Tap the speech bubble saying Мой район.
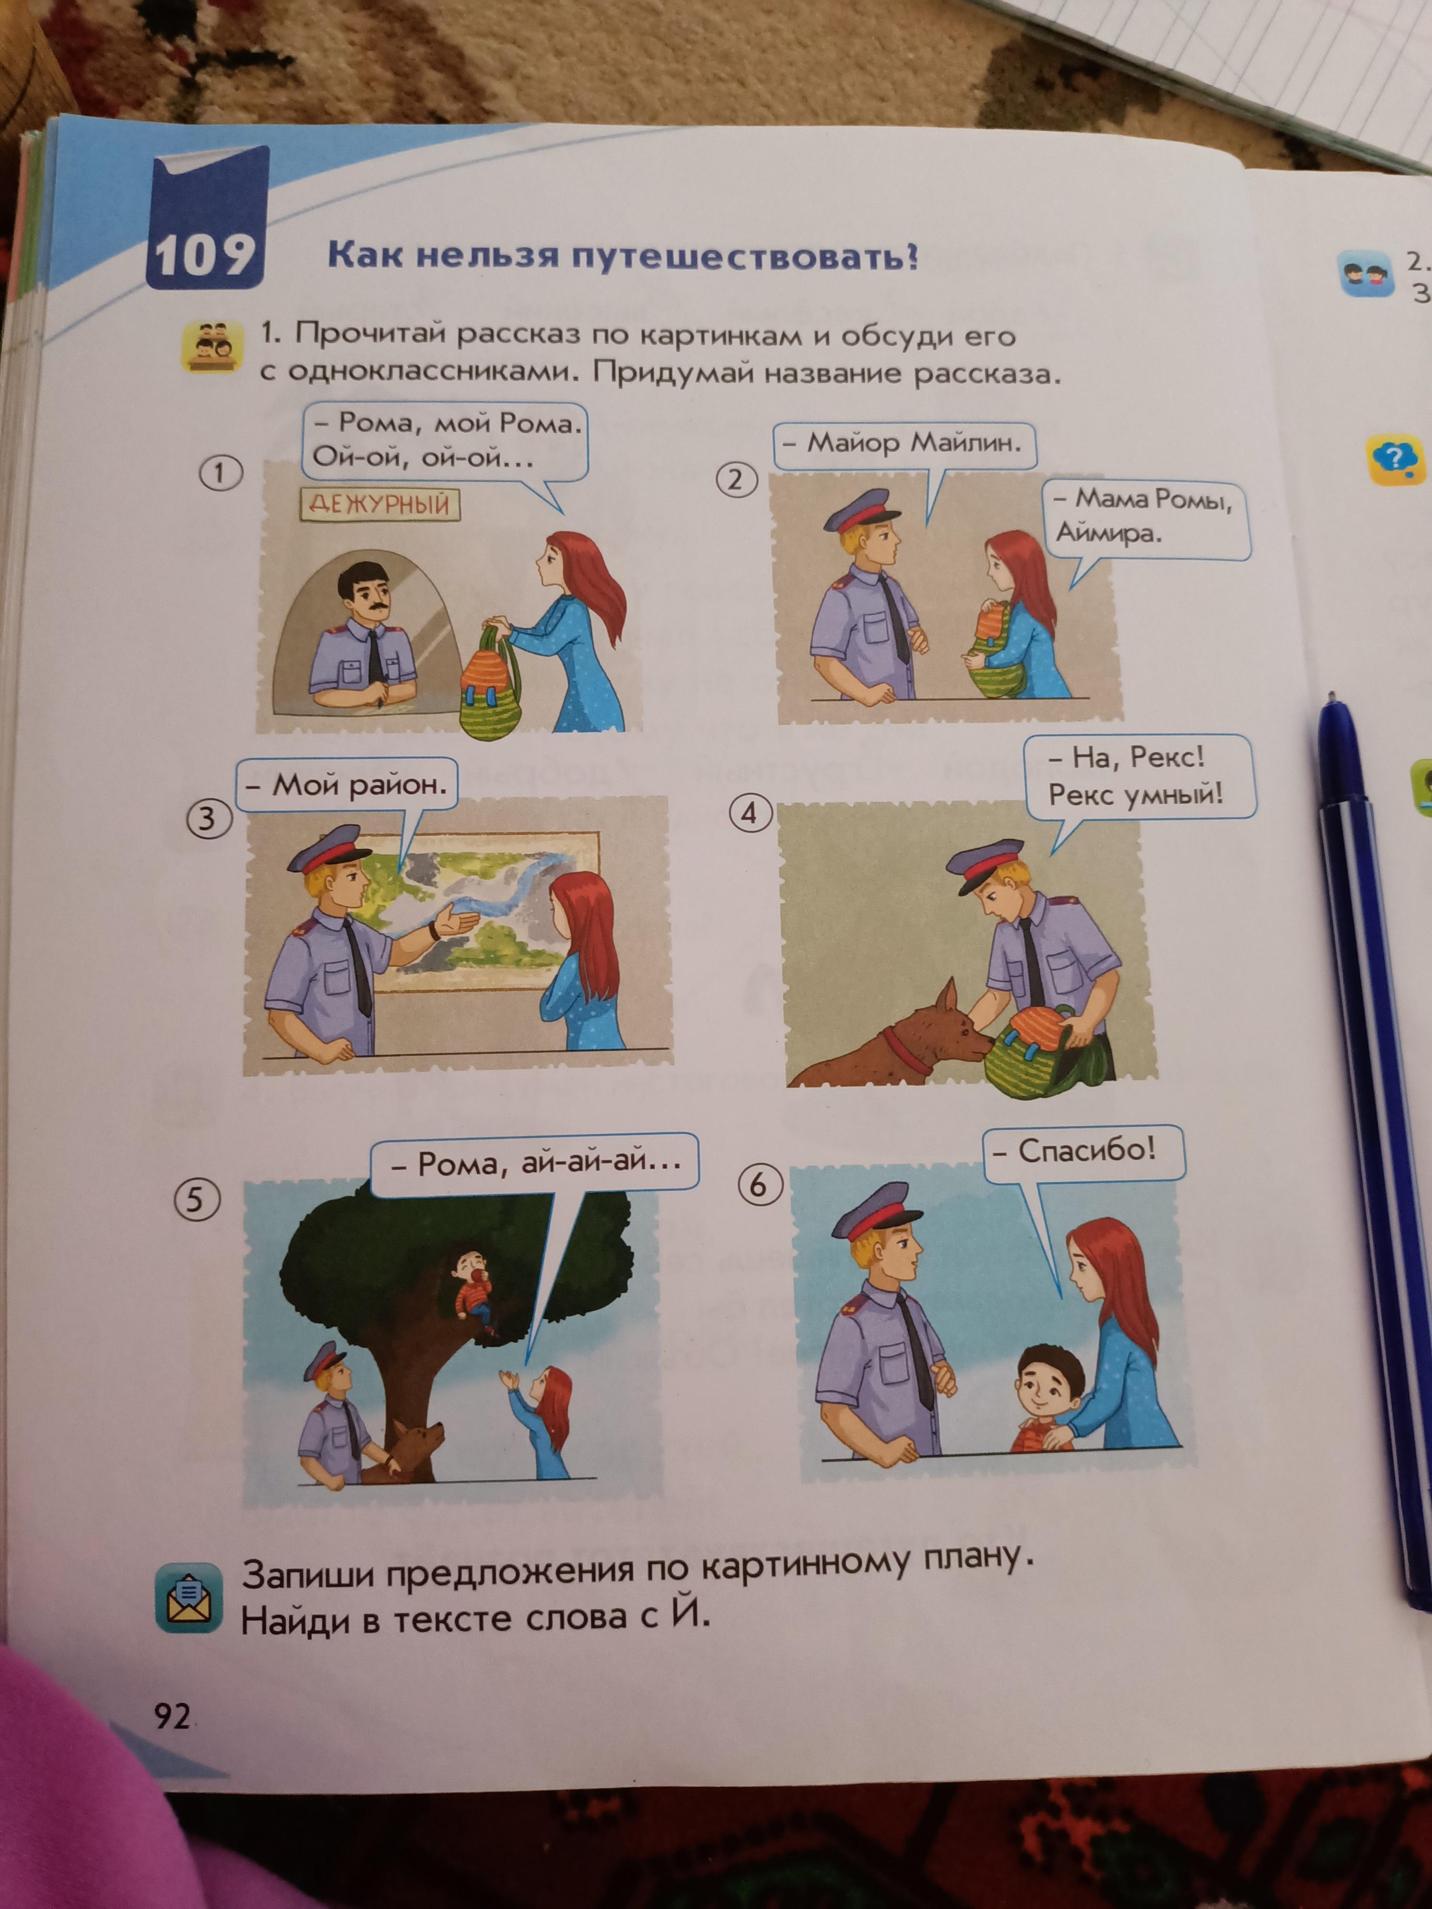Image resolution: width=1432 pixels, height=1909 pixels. (347, 786)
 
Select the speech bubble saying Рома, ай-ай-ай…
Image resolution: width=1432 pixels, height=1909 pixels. (534, 1164)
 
